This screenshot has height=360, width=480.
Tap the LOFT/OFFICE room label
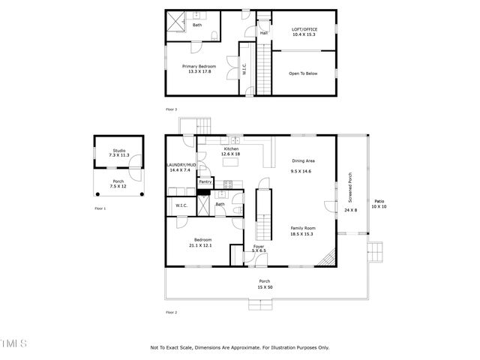(x=304, y=30)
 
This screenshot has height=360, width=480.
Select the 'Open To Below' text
(x=304, y=73)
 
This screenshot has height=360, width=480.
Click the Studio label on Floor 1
(x=119, y=151)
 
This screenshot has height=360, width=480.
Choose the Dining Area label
(x=302, y=161)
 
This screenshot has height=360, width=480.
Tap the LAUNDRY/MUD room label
(x=181, y=164)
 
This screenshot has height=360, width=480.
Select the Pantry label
(x=205, y=181)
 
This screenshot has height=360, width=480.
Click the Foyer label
(x=259, y=246)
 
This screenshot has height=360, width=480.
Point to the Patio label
(x=379, y=200)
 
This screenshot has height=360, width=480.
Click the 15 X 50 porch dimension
(x=264, y=287)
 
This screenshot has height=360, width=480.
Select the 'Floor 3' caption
(x=172, y=109)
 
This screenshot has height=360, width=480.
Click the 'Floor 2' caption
(x=172, y=311)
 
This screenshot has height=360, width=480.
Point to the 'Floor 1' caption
(x=100, y=208)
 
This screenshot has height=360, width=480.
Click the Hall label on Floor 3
(x=264, y=33)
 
